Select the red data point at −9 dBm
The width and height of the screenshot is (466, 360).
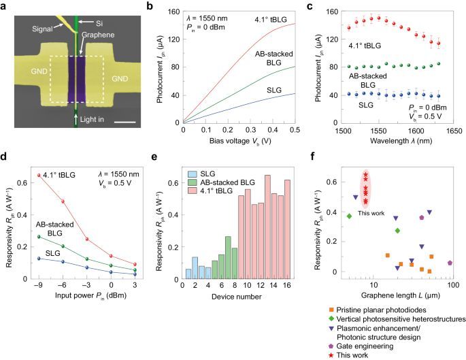[x=39, y=195]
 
